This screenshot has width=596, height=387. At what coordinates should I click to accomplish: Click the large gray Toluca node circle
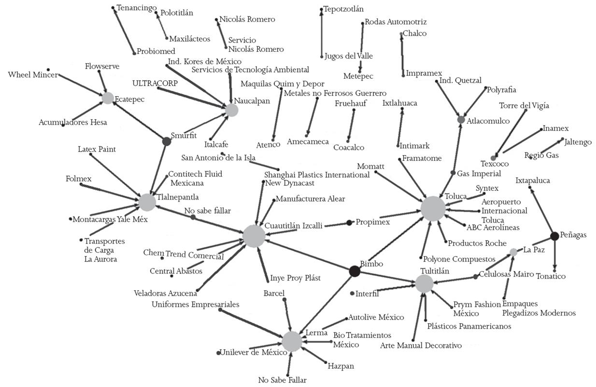coord(433,209)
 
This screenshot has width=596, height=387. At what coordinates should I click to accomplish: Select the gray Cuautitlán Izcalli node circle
coord(254,236)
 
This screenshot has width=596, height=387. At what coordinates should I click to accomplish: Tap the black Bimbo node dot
coord(355,271)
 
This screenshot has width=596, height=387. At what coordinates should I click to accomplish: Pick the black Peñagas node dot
coord(554,236)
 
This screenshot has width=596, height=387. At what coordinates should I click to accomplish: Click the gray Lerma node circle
coord(292,341)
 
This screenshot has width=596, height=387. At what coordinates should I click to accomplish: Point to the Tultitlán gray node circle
coord(425,284)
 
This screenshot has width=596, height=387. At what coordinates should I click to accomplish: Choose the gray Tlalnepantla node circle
coord(147,202)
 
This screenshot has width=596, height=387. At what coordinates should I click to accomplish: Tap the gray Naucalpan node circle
coord(232,110)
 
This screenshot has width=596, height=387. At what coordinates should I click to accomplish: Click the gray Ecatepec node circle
coord(108,98)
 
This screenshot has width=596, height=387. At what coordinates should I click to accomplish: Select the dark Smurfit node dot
coord(167,141)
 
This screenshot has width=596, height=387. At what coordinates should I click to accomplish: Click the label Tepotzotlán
coord(343,9)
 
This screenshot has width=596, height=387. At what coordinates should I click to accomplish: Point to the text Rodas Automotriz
coord(396,22)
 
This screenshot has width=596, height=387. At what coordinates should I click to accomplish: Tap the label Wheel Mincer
coord(33,75)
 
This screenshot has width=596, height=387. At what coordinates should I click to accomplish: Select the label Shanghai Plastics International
coord(317,175)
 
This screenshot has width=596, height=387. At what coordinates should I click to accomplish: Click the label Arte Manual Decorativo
coord(421,345)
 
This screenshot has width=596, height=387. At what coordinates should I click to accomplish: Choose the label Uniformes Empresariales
coord(195,304)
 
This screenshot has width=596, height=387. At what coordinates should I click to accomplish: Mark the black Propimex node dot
coord(349,223)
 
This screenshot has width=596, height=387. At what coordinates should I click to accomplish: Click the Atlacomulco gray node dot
coord(461,119)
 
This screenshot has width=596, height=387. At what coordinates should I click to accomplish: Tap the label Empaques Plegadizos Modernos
coord(539,308)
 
